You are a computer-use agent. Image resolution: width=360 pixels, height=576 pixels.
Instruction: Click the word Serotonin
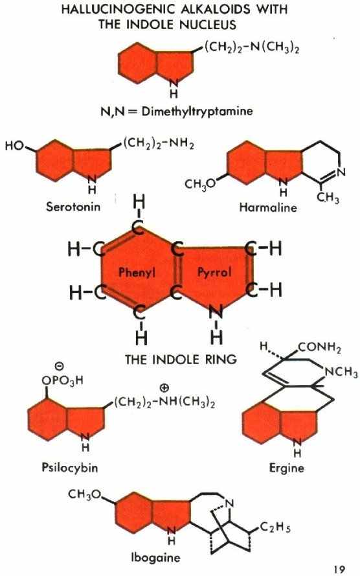pyautogui.click(x=73, y=207)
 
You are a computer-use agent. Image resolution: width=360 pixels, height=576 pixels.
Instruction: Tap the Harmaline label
pyautogui.click(x=268, y=207)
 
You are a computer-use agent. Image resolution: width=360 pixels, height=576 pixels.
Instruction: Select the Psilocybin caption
pyautogui.click(x=70, y=468)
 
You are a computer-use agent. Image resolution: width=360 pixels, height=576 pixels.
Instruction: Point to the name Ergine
pyautogui.click(x=287, y=468)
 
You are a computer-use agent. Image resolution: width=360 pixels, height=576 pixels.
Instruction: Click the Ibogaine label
pyautogui.click(x=156, y=558)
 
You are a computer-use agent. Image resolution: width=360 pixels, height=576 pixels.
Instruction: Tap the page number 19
pyautogui.click(x=339, y=570)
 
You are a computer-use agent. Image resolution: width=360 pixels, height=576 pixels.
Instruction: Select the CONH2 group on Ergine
pyautogui.click(x=320, y=347)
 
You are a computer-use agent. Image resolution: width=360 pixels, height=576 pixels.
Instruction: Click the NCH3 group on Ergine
pyautogui.click(x=341, y=373)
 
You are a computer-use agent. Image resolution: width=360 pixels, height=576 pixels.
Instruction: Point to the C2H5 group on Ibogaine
pyautogui.click(x=276, y=527)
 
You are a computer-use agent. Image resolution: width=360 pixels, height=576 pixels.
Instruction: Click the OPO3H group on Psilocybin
pyautogui.click(x=62, y=380)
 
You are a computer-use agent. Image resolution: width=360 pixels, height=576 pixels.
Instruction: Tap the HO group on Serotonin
pyautogui.click(x=15, y=146)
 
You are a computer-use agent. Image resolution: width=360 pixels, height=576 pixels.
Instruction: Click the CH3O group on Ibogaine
pyautogui.click(x=84, y=495)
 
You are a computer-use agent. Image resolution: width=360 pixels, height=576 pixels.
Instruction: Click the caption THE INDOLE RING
pyautogui.click(x=181, y=359)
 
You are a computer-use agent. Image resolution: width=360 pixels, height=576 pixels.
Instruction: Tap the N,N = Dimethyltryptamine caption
pyautogui.click(x=177, y=111)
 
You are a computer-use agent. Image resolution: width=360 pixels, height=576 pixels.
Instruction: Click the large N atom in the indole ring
pyautogui.click(x=216, y=312)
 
